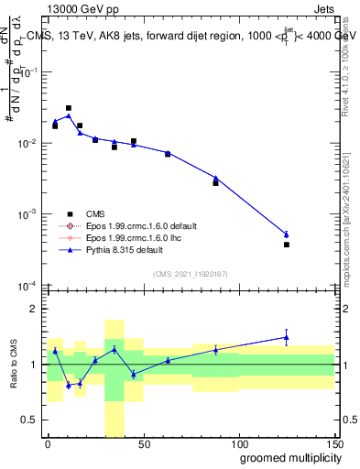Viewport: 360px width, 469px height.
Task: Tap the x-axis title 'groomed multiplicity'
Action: click(284, 457)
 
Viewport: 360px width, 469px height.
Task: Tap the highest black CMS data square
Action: click(69, 108)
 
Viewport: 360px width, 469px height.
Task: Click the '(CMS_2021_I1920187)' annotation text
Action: click(191, 273)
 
